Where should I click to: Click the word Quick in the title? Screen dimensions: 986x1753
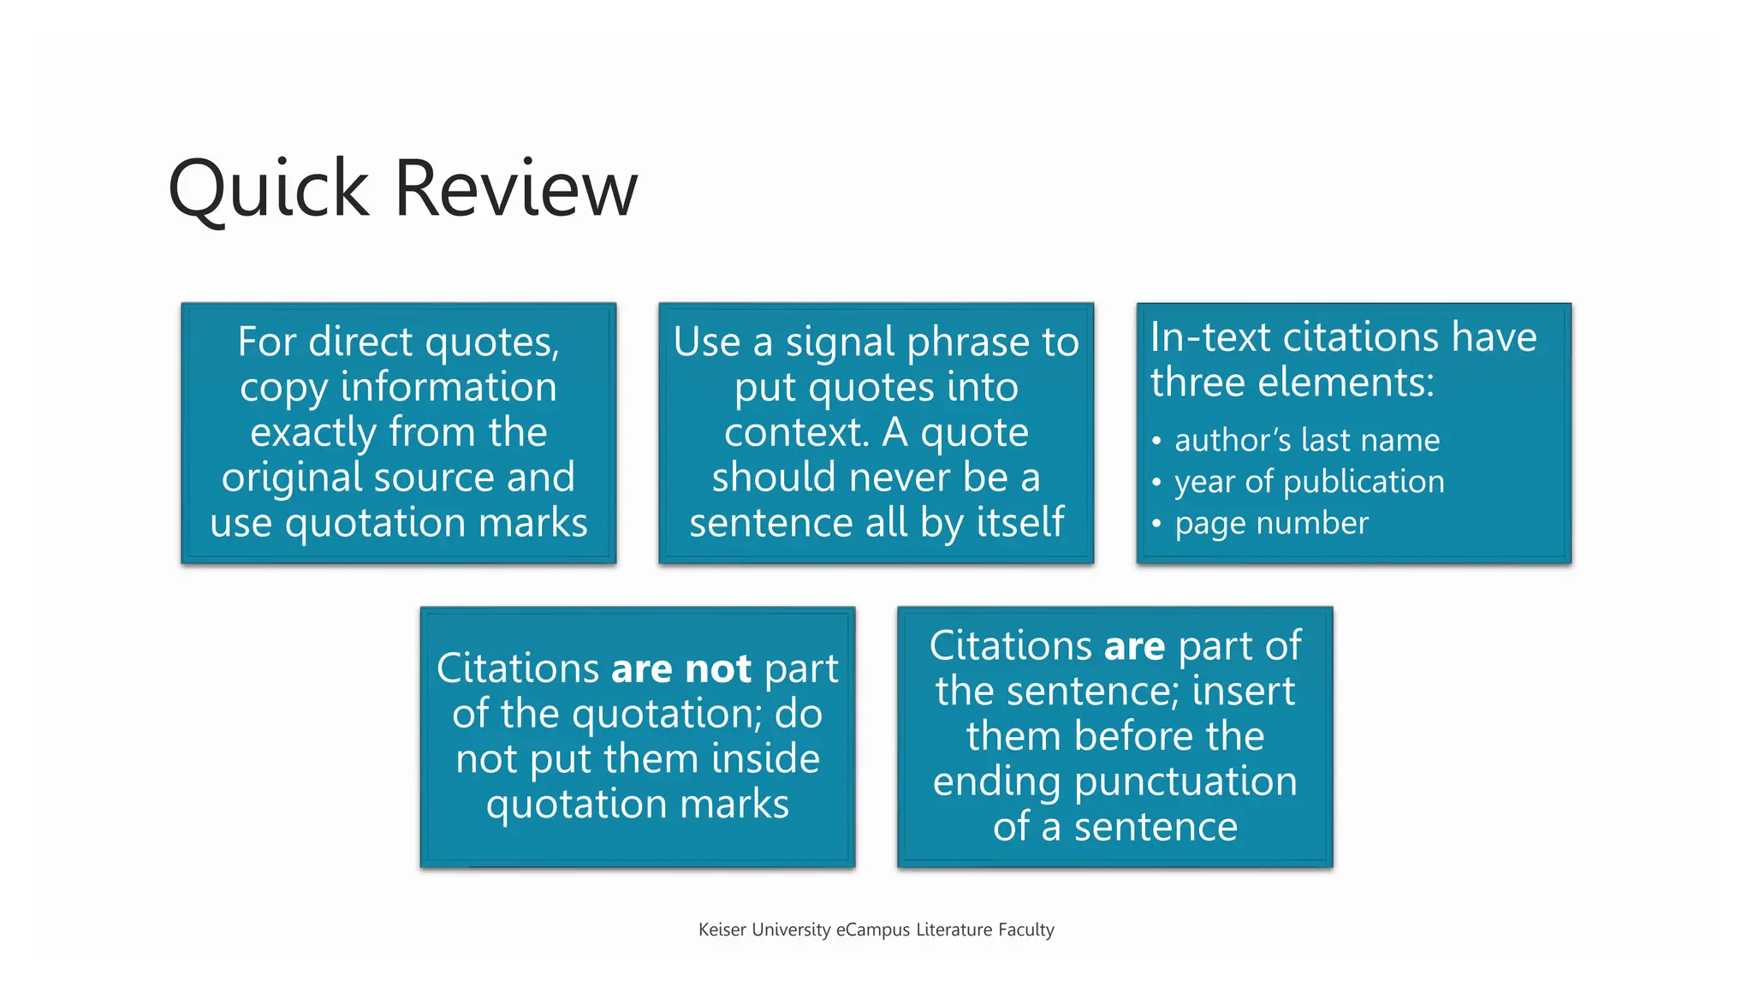[269, 189]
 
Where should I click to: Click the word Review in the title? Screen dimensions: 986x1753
[516, 189]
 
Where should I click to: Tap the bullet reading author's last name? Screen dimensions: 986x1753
[1306, 440]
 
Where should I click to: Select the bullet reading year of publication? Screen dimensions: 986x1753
[1309, 482]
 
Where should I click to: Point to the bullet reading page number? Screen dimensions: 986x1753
[1271, 523]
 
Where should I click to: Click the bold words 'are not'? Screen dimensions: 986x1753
[680, 668]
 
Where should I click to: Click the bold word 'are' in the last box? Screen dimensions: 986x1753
[1134, 646]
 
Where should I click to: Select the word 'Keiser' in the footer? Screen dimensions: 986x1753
[722, 930]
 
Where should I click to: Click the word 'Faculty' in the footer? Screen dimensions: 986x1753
[1025, 930]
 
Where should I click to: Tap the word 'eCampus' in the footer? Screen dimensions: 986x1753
[872, 930]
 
